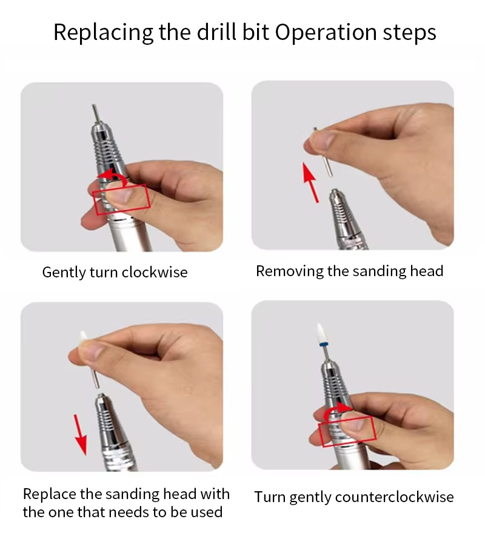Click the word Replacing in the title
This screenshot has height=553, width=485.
point(103,33)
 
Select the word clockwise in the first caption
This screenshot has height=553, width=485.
point(155,273)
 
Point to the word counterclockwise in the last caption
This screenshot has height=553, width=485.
point(394,497)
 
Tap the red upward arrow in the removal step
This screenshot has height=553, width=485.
point(310,182)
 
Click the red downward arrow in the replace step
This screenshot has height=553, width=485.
point(81,435)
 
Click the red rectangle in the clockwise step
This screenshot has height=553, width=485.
point(121,199)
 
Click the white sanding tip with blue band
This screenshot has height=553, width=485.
point(321,335)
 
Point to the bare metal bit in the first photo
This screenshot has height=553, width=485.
point(95,113)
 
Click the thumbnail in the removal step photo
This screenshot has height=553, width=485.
point(323,140)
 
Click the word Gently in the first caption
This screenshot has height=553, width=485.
point(64,273)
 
